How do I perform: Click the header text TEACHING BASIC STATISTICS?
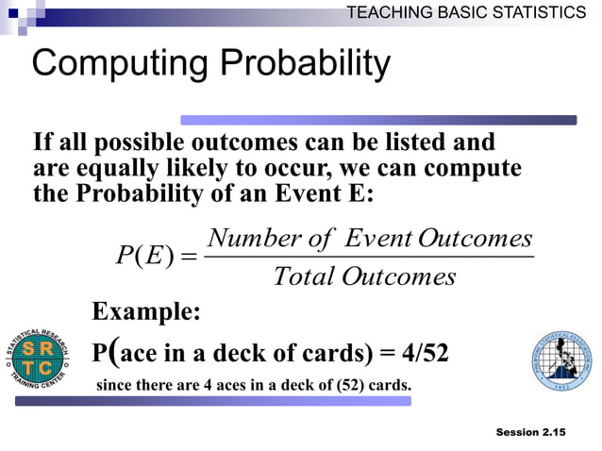coord(466,12)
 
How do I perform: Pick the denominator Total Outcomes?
coord(364,276)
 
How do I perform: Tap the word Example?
coord(145,312)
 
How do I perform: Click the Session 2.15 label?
coord(529,432)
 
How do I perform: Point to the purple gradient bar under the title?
coord(377,120)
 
